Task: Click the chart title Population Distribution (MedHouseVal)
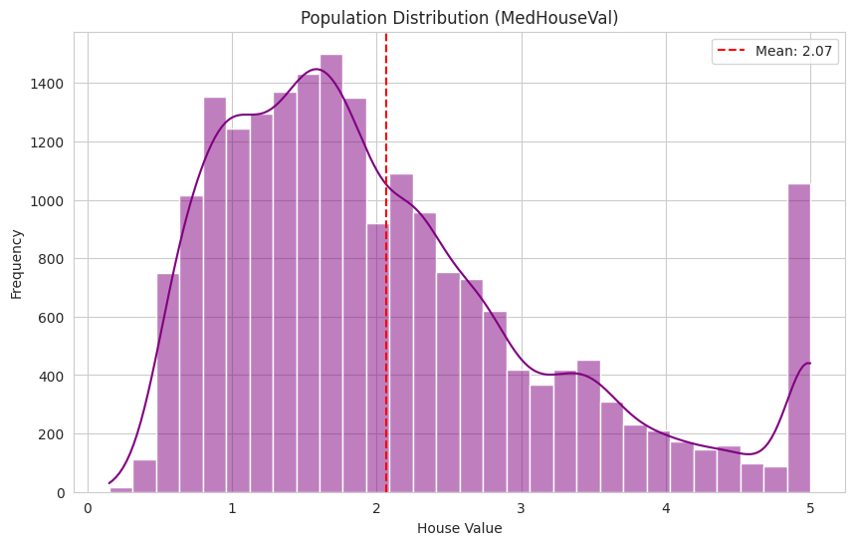pos(459,18)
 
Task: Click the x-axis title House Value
pos(459,528)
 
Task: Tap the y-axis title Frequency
pos(17,263)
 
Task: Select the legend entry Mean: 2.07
pos(774,51)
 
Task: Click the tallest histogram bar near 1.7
pos(331,274)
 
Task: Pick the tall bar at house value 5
pos(798,339)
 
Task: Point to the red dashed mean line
pos(386,299)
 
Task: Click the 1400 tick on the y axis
pos(49,84)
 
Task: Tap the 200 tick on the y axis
pos(53,434)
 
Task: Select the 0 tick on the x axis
pos(88,508)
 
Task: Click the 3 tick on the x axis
pos(522,508)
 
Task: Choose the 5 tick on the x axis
pos(810,508)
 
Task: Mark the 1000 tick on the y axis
pos(49,200)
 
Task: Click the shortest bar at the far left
pos(121,489)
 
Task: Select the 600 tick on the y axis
pos(53,318)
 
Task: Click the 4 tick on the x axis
pos(666,508)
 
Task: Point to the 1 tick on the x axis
pos(232,508)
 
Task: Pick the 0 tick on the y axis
pos(60,493)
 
